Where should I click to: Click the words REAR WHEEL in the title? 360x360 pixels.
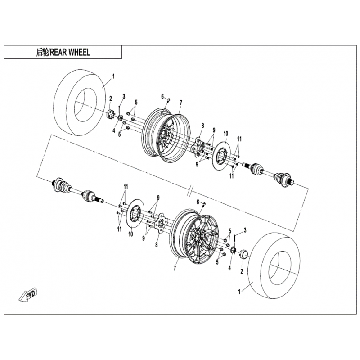pyautogui.click(x=70, y=53)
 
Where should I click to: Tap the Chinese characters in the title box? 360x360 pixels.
pyautogui.click(x=42, y=53)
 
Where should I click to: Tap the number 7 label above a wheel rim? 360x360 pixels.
pyautogui.click(x=181, y=103)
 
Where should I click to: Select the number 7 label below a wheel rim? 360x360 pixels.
pyautogui.click(x=175, y=268)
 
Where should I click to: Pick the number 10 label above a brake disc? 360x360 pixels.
pyautogui.click(x=226, y=133)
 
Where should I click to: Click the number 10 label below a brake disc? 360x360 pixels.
pyautogui.click(x=130, y=234)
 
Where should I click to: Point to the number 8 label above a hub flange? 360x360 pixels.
pyautogui.click(x=203, y=126)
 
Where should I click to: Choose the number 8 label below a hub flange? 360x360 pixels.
pyautogui.click(x=156, y=245)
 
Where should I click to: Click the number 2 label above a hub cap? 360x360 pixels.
pyautogui.click(x=110, y=99)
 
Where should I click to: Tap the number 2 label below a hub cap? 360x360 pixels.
pyautogui.click(x=242, y=272)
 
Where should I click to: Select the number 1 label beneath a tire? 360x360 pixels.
pyautogui.click(x=239, y=292)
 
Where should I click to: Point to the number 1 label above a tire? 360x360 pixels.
pyautogui.click(x=113, y=76)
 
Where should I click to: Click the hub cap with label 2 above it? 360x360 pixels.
pyautogui.click(x=111, y=114)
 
